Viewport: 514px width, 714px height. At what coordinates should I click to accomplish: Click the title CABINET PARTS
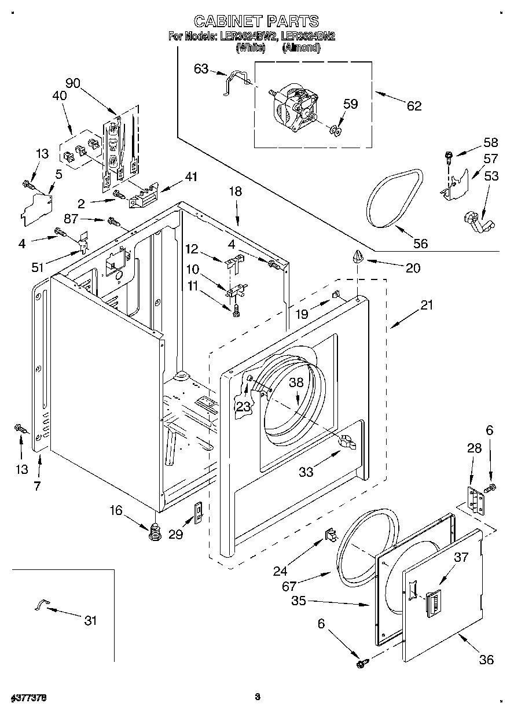256,21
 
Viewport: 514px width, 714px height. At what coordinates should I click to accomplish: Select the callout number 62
414,105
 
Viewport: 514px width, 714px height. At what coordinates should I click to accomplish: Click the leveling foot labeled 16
155,531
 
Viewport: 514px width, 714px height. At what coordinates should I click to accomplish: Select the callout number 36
486,659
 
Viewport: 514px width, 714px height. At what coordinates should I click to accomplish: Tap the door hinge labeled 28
475,499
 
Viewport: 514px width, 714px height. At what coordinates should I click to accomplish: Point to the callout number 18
235,192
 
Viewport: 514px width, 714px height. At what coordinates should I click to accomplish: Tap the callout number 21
426,306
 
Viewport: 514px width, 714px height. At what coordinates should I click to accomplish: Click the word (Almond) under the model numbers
300,48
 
